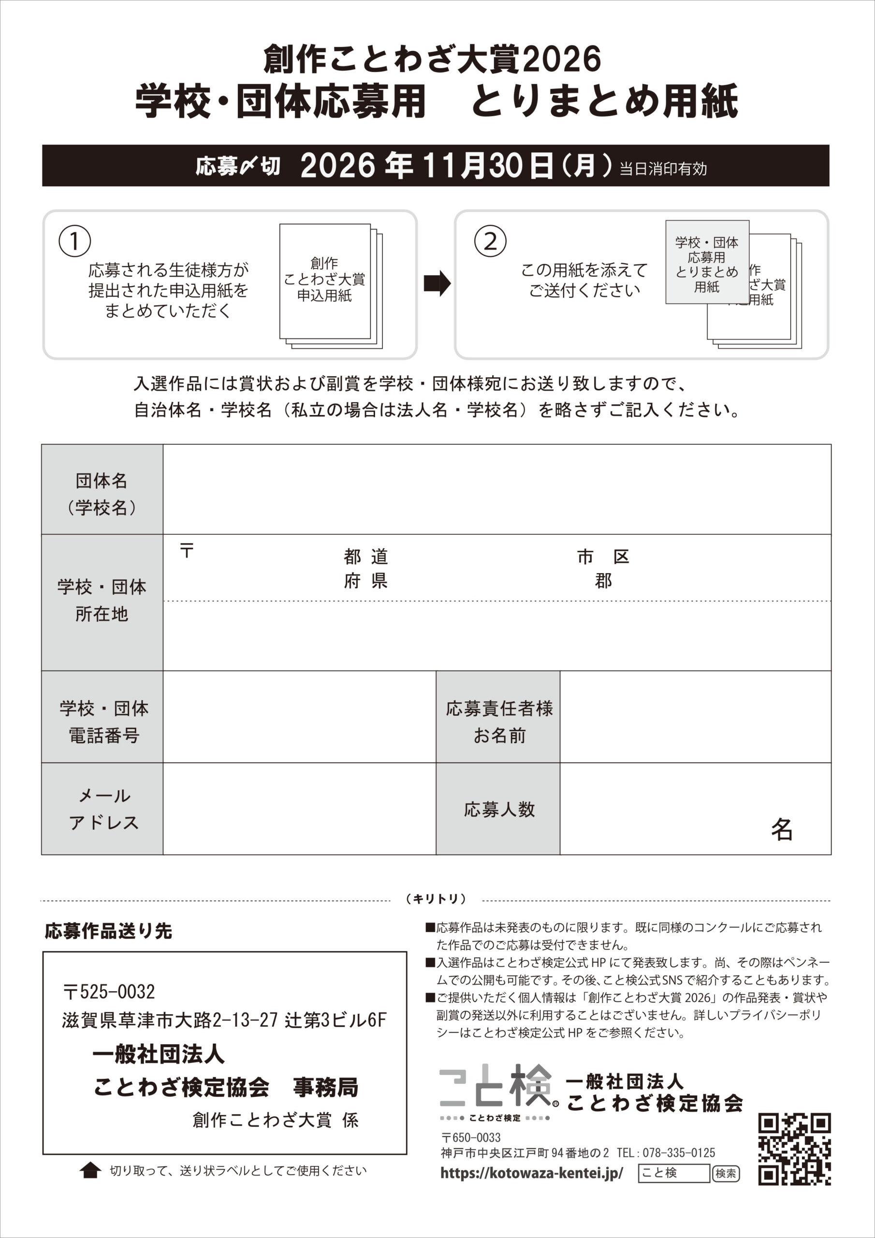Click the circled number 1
point(74,241)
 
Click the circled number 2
point(490,241)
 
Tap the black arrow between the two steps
point(437,283)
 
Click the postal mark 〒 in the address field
point(187,550)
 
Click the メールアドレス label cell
point(102,809)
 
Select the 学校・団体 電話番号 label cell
point(102,721)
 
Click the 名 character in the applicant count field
point(781,829)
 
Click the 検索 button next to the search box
point(726,1173)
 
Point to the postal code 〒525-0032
point(109,991)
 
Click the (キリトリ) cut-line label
point(436,899)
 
